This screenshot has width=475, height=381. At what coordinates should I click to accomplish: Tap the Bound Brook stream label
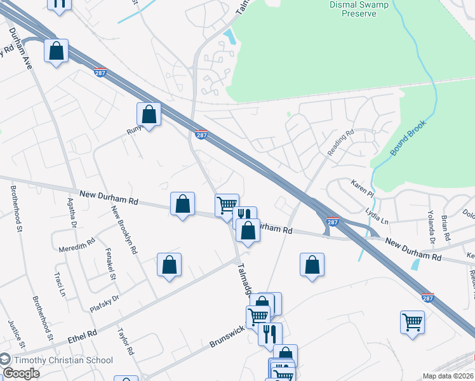[x=408, y=137]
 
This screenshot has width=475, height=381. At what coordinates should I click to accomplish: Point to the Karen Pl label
[x=364, y=187]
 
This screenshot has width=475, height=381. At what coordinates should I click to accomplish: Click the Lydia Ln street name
[x=377, y=216]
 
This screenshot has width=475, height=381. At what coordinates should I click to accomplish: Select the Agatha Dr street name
[x=72, y=214]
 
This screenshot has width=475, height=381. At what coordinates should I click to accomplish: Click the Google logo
[x=21, y=373]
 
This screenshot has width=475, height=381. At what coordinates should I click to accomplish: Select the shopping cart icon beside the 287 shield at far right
[x=412, y=322]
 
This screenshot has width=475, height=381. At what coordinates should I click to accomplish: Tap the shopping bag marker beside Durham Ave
[x=56, y=51]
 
